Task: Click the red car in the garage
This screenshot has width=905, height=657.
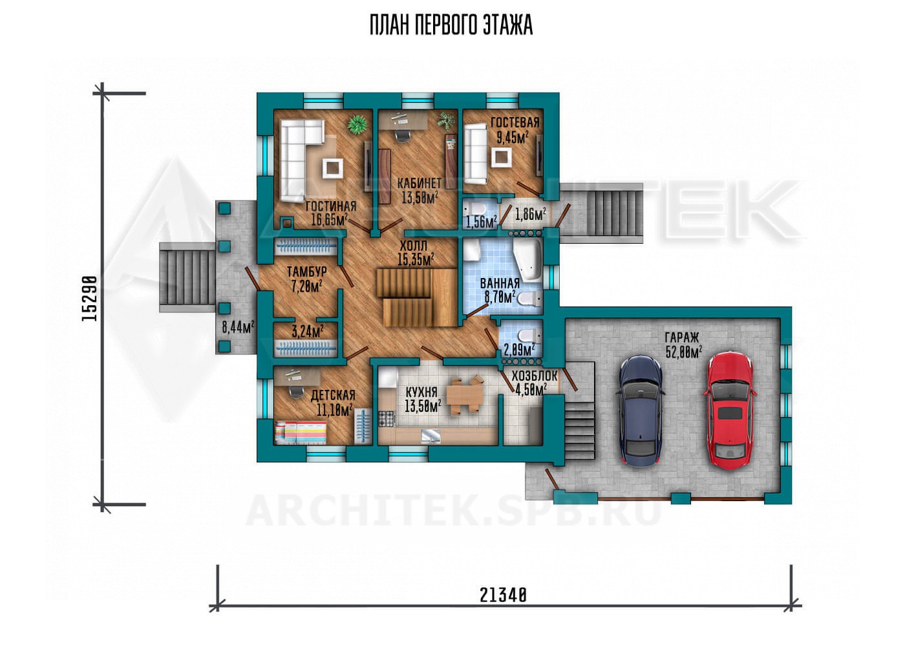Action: click(x=730, y=411)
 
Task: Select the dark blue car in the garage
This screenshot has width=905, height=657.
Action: click(x=641, y=411)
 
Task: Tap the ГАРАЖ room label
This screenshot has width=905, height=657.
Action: click(x=682, y=338)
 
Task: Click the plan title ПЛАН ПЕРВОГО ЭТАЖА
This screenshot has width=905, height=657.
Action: click(x=451, y=26)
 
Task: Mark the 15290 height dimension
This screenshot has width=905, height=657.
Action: click(x=90, y=299)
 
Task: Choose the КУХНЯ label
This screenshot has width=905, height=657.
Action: click(x=421, y=391)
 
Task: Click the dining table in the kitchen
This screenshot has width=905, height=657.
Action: click(x=465, y=394)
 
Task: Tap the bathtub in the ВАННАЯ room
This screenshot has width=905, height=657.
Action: click(x=527, y=261)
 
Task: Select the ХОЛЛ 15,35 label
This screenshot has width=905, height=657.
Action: click(x=416, y=253)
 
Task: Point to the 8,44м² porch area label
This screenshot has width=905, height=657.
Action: click(x=238, y=327)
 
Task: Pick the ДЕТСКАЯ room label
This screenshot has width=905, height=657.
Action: click(x=333, y=394)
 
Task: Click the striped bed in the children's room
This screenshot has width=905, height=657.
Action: click(x=301, y=433)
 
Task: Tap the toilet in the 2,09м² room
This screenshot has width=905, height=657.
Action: click(x=529, y=336)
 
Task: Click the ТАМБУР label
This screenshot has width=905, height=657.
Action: click(x=306, y=271)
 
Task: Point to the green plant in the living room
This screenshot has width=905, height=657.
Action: click(x=358, y=124)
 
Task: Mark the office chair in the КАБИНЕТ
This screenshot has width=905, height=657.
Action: click(x=402, y=135)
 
